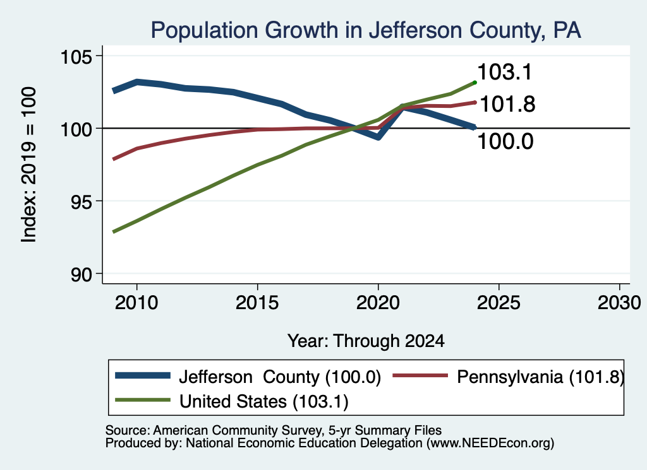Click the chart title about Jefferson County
pos(366,30)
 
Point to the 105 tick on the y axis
pos(76,56)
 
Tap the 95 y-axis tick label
pos(82,201)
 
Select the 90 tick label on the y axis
pos(82,274)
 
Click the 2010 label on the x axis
pos(136,303)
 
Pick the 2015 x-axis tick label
pos(257,303)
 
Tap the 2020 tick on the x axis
pos(378,303)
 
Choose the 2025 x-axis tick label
pos(499,303)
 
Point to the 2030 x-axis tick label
pos(619,303)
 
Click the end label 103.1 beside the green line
pos(505,72)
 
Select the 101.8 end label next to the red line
pos(507,104)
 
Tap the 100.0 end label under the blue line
pos(505,141)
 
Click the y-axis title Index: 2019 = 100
pos(29,165)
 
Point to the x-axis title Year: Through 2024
pos(366,341)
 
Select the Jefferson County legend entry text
pos(280,377)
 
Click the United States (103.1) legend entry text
pos(263,401)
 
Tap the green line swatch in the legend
pos(143,400)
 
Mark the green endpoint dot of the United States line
pos(475,83)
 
